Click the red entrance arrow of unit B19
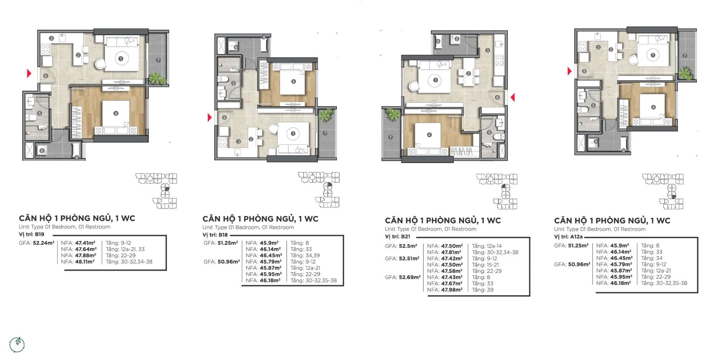29,73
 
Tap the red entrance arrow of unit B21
513,97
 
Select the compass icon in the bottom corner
17,345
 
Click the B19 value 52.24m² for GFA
44,243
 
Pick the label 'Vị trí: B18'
215,235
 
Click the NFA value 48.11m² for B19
85,262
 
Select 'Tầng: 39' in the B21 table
482,290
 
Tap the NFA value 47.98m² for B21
452,290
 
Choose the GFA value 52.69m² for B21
410,277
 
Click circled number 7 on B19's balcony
158,60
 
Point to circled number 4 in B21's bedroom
429,135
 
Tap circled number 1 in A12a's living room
653,55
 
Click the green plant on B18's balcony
325,115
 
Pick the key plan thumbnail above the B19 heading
157,191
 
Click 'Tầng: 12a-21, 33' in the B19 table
125,249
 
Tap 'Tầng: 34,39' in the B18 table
305,256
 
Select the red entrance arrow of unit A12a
569,71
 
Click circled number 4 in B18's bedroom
293,82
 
